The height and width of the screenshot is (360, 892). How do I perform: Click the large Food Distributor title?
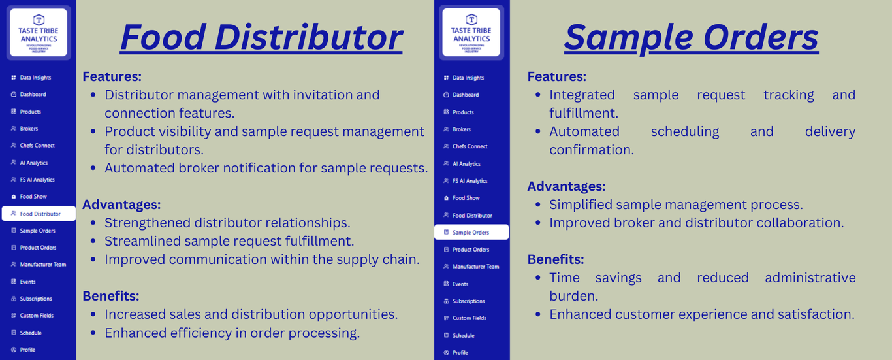pyautogui.click(x=261, y=37)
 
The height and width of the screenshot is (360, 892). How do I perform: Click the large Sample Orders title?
pyautogui.click(x=692, y=38)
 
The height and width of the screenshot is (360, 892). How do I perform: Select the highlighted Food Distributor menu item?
pyautogui.click(x=39, y=214)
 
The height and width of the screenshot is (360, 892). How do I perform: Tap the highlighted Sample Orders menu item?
pyautogui.click(x=471, y=232)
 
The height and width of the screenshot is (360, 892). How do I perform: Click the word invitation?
pyautogui.click(x=323, y=95)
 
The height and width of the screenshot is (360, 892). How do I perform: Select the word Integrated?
pyautogui.click(x=582, y=95)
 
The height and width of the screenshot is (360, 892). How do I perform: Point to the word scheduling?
pyautogui.click(x=685, y=132)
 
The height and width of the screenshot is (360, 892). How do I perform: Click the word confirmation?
pyautogui.click(x=592, y=150)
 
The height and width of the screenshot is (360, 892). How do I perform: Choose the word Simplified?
pyautogui.click(x=581, y=205)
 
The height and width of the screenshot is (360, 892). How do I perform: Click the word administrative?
pyautogui.click(x=810, y=278)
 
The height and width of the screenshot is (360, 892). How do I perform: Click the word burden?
pyautogui.click(x=574, y=296)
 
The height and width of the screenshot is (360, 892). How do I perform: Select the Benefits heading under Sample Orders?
pyautogui.click(x=556, y=259)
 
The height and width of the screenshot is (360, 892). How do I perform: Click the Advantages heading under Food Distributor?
pyautogui.click(x=121, y=205)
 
